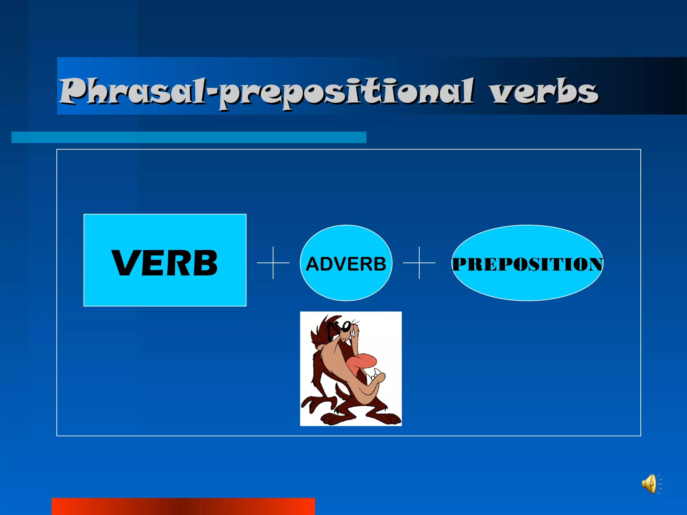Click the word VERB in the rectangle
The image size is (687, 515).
tap(164, 263)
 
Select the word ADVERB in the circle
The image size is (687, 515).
tap(346, 264)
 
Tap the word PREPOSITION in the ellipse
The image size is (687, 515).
tap(527, 264)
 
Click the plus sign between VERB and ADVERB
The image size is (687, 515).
tap(273, 263)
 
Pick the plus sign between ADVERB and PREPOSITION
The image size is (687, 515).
tap(419, 263)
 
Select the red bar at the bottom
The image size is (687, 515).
tap(183, 506)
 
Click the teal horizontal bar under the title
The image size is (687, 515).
tap(189, 137)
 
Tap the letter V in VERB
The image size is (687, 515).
tap(125, 263)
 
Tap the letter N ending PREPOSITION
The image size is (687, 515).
tap(595, 264)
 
